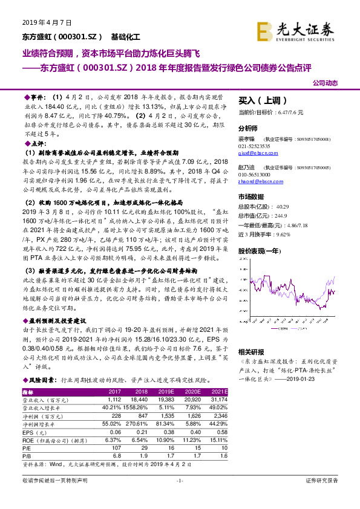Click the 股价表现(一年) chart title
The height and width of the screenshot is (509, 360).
click(261, 250)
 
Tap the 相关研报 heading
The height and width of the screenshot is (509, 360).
click(251, 351)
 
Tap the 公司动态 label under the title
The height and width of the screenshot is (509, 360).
click(325, 83)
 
